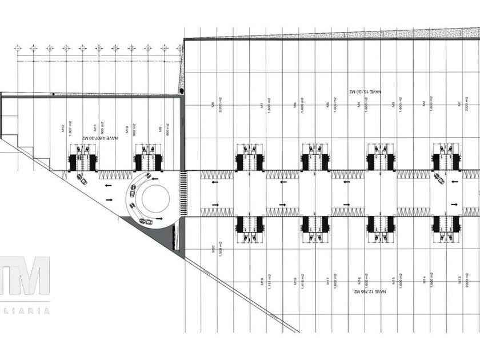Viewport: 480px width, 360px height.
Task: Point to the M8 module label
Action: click(211, 105)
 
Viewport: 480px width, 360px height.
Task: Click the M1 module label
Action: click(459, 104)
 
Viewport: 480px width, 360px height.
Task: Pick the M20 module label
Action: click(213, 249)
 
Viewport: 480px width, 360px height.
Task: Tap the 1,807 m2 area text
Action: click(70, 127)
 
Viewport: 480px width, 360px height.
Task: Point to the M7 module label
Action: click(261, 105)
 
